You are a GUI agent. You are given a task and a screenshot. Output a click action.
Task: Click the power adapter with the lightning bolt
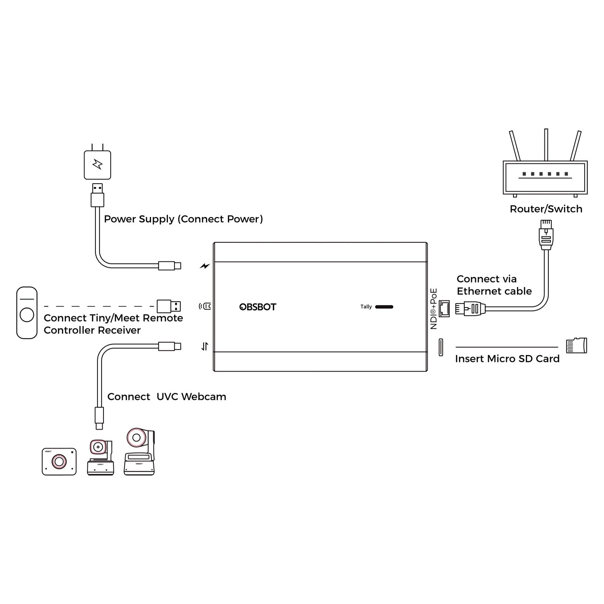click(x=97, y=165)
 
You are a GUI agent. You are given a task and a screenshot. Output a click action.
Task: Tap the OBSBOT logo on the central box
click(x=258, y=307)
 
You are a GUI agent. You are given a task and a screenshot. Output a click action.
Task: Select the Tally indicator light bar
click(x=384, y=307)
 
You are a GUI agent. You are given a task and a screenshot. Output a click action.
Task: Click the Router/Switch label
click(x=546, y=209)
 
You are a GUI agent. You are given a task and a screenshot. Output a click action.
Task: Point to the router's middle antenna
click(x=546, y=145)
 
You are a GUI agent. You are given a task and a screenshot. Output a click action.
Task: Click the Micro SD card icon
click(x=576, y=345)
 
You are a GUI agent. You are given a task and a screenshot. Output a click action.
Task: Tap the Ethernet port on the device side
click(x=444, y=308)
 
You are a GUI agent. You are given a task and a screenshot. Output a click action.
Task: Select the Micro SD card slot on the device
click(x=441, y=347)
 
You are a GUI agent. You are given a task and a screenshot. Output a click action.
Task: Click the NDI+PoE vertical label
click(x=433, y=309)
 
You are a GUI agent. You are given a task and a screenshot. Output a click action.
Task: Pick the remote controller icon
click(x=27, y=312)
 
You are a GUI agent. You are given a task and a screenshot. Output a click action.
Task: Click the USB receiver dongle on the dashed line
click(x=168, y=306)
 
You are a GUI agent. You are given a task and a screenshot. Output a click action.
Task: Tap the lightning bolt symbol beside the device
click(x=205, y=266)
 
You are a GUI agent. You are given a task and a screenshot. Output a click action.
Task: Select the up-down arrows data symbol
click(x=205, y=346)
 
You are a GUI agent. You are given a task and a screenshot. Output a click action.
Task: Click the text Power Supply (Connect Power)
click(x=183, y=219)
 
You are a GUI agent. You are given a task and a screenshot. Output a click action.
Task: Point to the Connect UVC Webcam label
click(x=167, y=397)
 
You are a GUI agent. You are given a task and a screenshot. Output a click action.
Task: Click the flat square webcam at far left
click(x=59, y=461)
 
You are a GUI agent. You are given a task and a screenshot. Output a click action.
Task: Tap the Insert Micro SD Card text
click(x=507, y=359)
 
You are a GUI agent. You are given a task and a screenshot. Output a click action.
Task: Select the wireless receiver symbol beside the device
click(x=205, y=306)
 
